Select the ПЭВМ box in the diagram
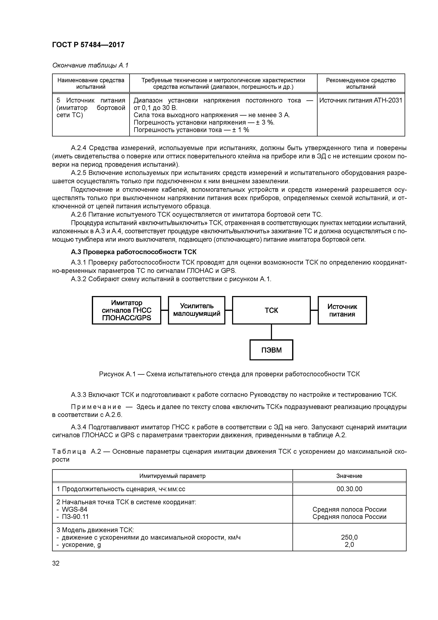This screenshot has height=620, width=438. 271,350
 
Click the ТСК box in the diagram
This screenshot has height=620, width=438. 271,310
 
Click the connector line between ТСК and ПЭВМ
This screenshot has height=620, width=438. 271,332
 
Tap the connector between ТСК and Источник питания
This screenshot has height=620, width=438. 314,310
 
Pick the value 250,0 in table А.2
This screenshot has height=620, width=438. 349,537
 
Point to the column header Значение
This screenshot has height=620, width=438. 349,476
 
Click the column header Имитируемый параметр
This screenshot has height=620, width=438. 172,476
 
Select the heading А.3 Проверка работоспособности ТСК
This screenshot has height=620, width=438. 134,252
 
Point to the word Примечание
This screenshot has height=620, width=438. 96,407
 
